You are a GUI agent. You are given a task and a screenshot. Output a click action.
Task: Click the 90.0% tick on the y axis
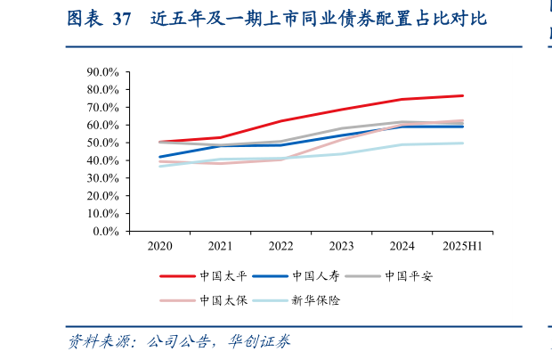(103, 72)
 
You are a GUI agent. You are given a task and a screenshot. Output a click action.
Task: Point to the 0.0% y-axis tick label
(106, 231)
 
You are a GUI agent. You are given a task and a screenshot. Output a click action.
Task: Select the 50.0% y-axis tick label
(103, 143)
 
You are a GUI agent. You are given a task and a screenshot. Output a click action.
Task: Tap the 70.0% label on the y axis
(103, 108)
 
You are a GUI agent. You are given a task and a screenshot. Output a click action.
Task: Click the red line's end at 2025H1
(462, 95)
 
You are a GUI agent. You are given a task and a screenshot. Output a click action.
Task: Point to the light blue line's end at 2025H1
(462, 143)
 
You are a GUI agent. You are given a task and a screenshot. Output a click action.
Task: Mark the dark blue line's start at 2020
(160, 157)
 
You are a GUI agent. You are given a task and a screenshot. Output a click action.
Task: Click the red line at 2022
(280, 121)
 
